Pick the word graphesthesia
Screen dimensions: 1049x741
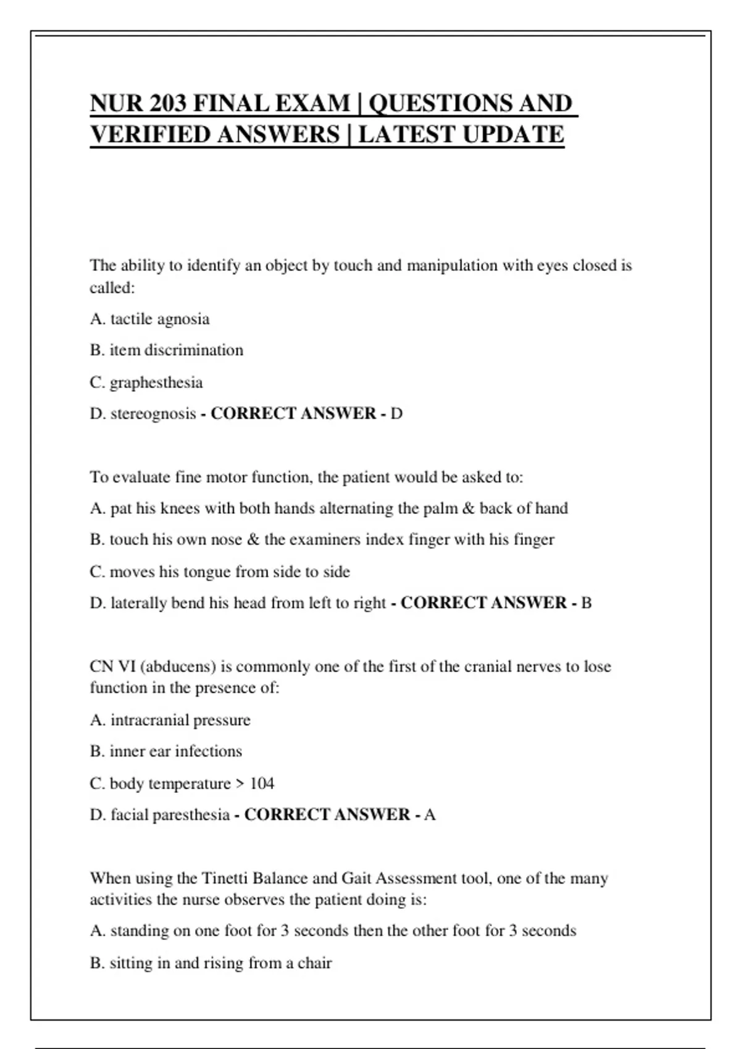click(156, 383)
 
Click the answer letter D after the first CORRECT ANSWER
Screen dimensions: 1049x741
click(396, 413)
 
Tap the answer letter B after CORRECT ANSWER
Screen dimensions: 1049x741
click(587, 603)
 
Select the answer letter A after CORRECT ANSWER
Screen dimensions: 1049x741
click(430, 815)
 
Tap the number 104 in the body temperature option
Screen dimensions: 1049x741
click(262, 784)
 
